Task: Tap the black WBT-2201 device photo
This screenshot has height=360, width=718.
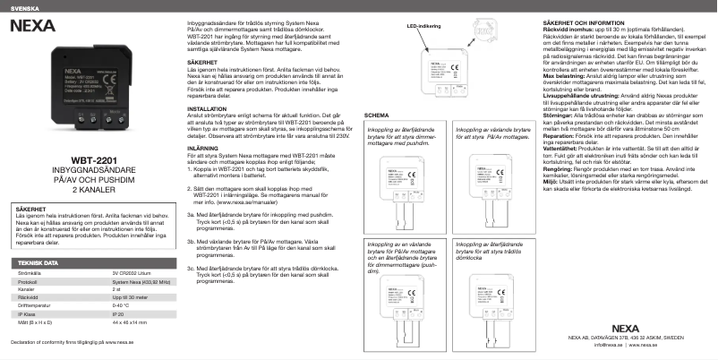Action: tap(90, 90)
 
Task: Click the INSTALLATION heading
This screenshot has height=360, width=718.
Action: tap(208, 107)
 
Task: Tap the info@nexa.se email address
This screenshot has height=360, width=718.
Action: tap(607, 344)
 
